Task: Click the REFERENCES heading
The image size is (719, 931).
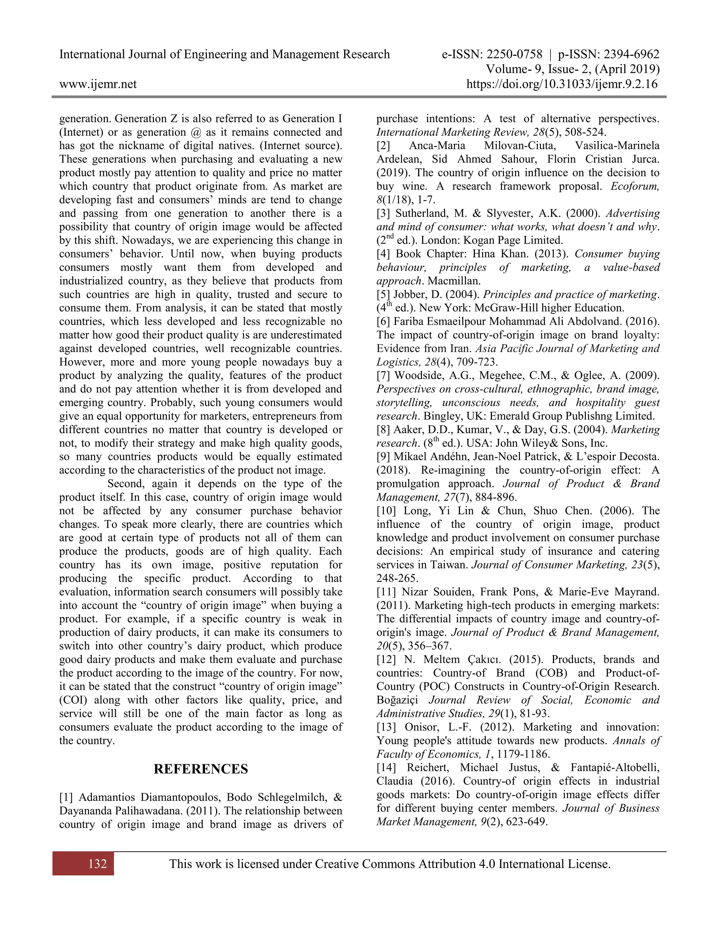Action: (200, 769)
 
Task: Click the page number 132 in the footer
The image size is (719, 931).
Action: (98, 864)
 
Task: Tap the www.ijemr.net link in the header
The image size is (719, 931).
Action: (98, 84)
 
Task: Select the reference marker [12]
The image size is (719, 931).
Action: (386, 659)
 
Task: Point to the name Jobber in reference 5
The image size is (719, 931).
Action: (409, 294)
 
